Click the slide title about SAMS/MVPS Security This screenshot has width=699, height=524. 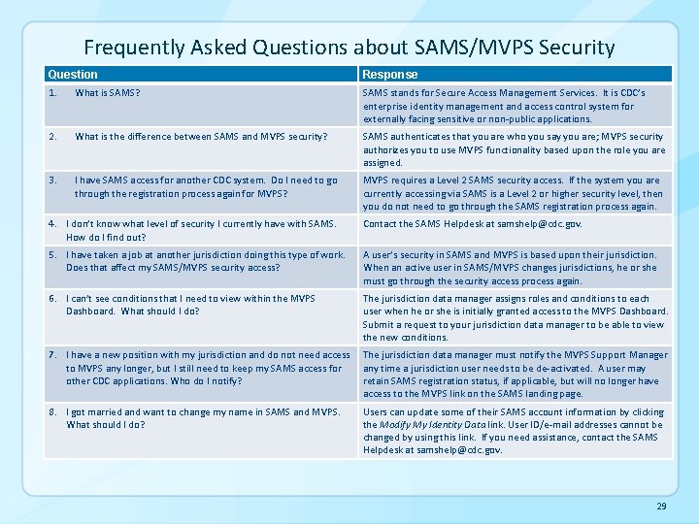pyautogui.click(x=349, y=47)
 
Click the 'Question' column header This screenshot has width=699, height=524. pyautogui.click(x=73, y=74)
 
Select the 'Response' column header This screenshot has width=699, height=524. pyautogui.click(x=390, y=74)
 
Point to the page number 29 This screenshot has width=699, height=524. pyautogui.click(x=661, y=507)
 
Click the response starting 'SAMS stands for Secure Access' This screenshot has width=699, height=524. pyautogui.click(x=505, y=106)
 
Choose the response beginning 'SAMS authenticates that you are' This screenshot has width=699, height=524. pyautogui.click(x=514, y=149)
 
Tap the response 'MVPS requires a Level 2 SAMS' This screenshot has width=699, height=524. pyautogui.click(x=513, y=193)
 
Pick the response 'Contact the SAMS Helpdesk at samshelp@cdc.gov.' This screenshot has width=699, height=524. pyautogui.click(x=472, y=224)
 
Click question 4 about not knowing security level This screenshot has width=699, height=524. pyautogui.click(x=199, y=230)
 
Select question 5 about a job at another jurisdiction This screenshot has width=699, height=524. pyautogui.click(x=204, y=261)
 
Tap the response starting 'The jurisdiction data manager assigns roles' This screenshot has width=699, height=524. pyautogui.click(x=513, y=317)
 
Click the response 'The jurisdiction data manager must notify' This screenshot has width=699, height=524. pyautogui.click(x=515, y=374)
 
